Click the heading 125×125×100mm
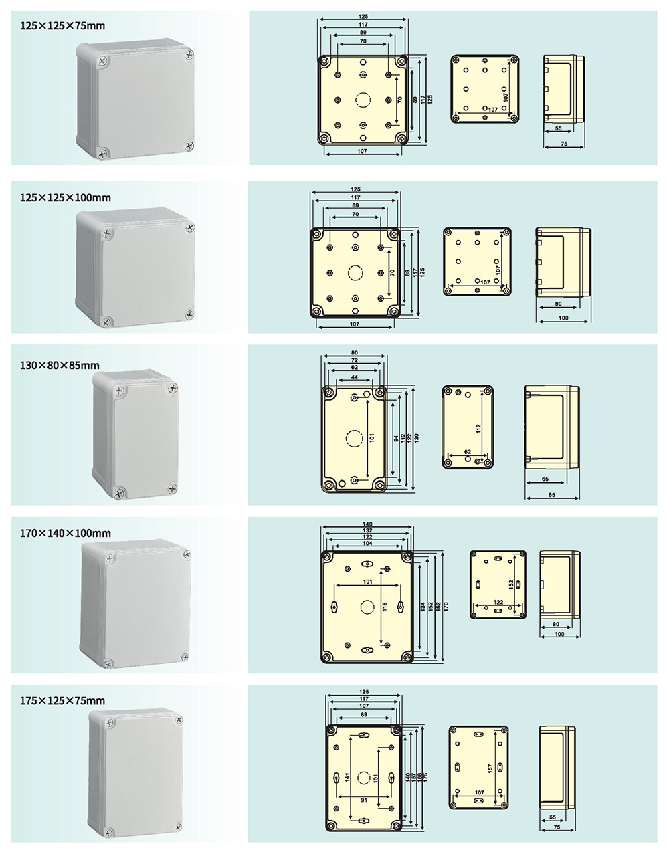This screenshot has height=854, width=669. (66, 198)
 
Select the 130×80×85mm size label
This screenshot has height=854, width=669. (60, 365)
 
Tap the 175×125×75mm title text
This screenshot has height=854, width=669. (62, 701)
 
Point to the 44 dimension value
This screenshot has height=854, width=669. (354, 378)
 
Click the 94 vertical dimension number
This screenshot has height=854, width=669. (395, 439)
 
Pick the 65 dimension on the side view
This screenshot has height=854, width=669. (545, 479)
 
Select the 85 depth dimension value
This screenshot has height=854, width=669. (552, 496)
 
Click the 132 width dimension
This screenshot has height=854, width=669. (367, 530)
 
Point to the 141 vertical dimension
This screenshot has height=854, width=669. (348, 778)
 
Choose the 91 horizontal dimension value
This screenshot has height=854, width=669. (363, 800)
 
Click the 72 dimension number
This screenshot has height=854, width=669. (354, 360)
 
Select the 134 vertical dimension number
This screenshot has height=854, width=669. (422, 606)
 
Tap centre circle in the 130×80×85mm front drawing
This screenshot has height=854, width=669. (353, 439)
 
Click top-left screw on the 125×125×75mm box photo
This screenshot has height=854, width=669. (102, 61)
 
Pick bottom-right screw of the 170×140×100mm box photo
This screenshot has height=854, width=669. (184, 656)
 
